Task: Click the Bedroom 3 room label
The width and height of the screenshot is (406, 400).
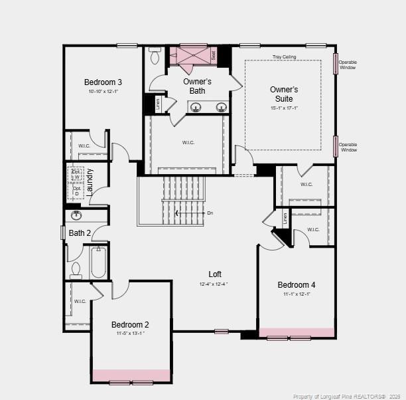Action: point(103,82)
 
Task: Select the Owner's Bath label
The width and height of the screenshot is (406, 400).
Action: point(197,86)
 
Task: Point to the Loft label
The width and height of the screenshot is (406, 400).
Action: point(215,274)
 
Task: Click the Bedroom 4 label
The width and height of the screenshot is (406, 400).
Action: point(297,285)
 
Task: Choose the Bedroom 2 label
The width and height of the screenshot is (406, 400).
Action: point(130,324)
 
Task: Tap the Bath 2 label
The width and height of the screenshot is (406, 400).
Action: point(80,233)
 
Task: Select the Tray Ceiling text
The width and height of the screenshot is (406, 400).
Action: point(284,58)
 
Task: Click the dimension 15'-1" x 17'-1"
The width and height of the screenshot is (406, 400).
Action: point(284,108)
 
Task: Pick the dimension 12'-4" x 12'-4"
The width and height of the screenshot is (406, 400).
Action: point(214,284)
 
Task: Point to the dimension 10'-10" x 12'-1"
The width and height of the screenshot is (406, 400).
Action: point(103,92)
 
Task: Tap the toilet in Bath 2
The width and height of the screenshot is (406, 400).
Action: point(76,268)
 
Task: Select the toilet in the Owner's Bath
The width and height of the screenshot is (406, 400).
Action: point(155,57)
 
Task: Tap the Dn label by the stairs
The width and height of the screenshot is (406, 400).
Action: point(210,213)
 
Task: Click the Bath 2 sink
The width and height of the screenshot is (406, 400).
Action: point(76,215)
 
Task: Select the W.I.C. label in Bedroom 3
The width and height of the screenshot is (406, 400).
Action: point(84,146)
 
